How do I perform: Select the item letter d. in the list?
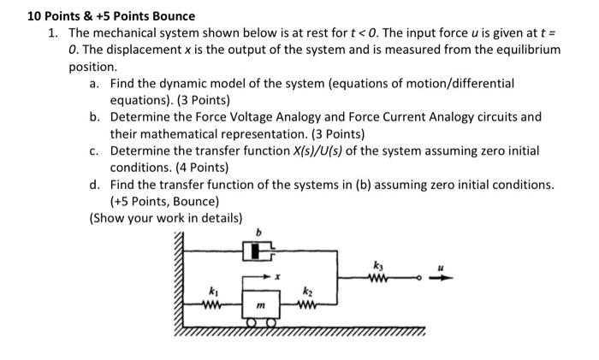pos(95,184)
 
